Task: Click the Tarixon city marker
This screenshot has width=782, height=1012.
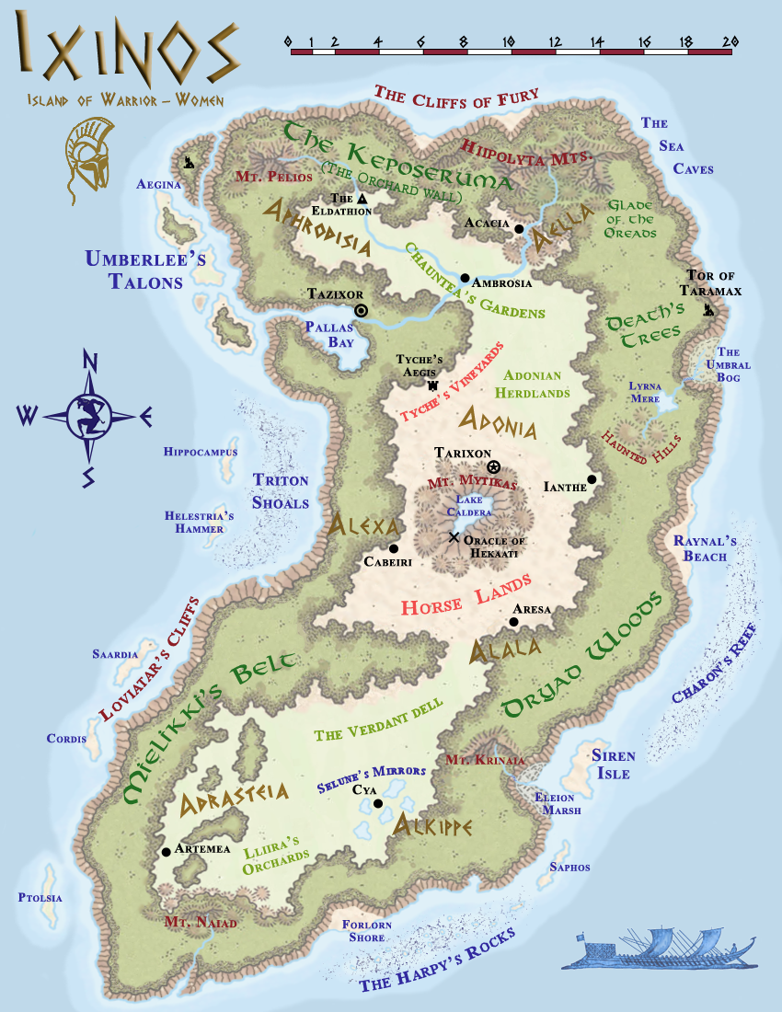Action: point(493,466)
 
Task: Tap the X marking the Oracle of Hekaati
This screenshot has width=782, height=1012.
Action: point(453,537)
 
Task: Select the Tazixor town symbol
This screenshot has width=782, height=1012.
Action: point(361,311)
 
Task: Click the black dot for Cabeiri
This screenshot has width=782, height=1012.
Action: point(393,548)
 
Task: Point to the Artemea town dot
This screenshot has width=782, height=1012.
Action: point(166,851)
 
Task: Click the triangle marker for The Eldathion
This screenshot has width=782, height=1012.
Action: point(362,199)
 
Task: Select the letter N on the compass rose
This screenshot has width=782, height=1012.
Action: point(90,361)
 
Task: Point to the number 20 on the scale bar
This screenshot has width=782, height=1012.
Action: point(731,40)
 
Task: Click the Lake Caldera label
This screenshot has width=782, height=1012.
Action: point(469,505)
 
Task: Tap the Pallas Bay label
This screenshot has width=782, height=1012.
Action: point(328,334)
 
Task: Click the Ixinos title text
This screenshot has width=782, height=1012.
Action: point(129,55)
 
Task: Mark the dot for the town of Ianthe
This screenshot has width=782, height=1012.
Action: point(592,479)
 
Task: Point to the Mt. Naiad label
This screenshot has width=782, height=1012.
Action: point(201,922)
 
